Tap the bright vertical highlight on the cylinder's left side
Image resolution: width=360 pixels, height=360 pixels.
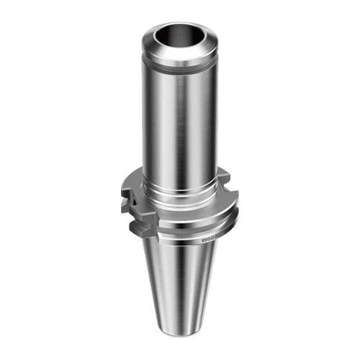(x=155, y=122)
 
